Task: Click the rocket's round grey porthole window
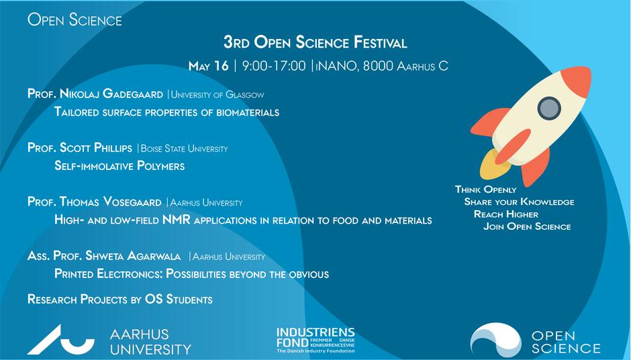pyautogui.click(x=548, y=107)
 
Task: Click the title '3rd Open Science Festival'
pyautogui.click(x=315, y=43)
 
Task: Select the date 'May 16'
pyautogui.click(x=209, y=66)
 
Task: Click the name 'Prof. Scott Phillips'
pyautogui.click(x=80, y=148)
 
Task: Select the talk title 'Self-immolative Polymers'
pyautogui.click(x=119, y=166)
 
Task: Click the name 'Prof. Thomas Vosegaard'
pyautogui.click(x=95, y=201)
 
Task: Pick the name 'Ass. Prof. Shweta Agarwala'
pyautogui.click(x=105, y=256)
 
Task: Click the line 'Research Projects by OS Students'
pyautogui.click(x=120, y=299)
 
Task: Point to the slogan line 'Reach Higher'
pyautogui.click(x=506, y=214)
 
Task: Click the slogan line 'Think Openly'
pyautogui.click(x=486, y=189)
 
